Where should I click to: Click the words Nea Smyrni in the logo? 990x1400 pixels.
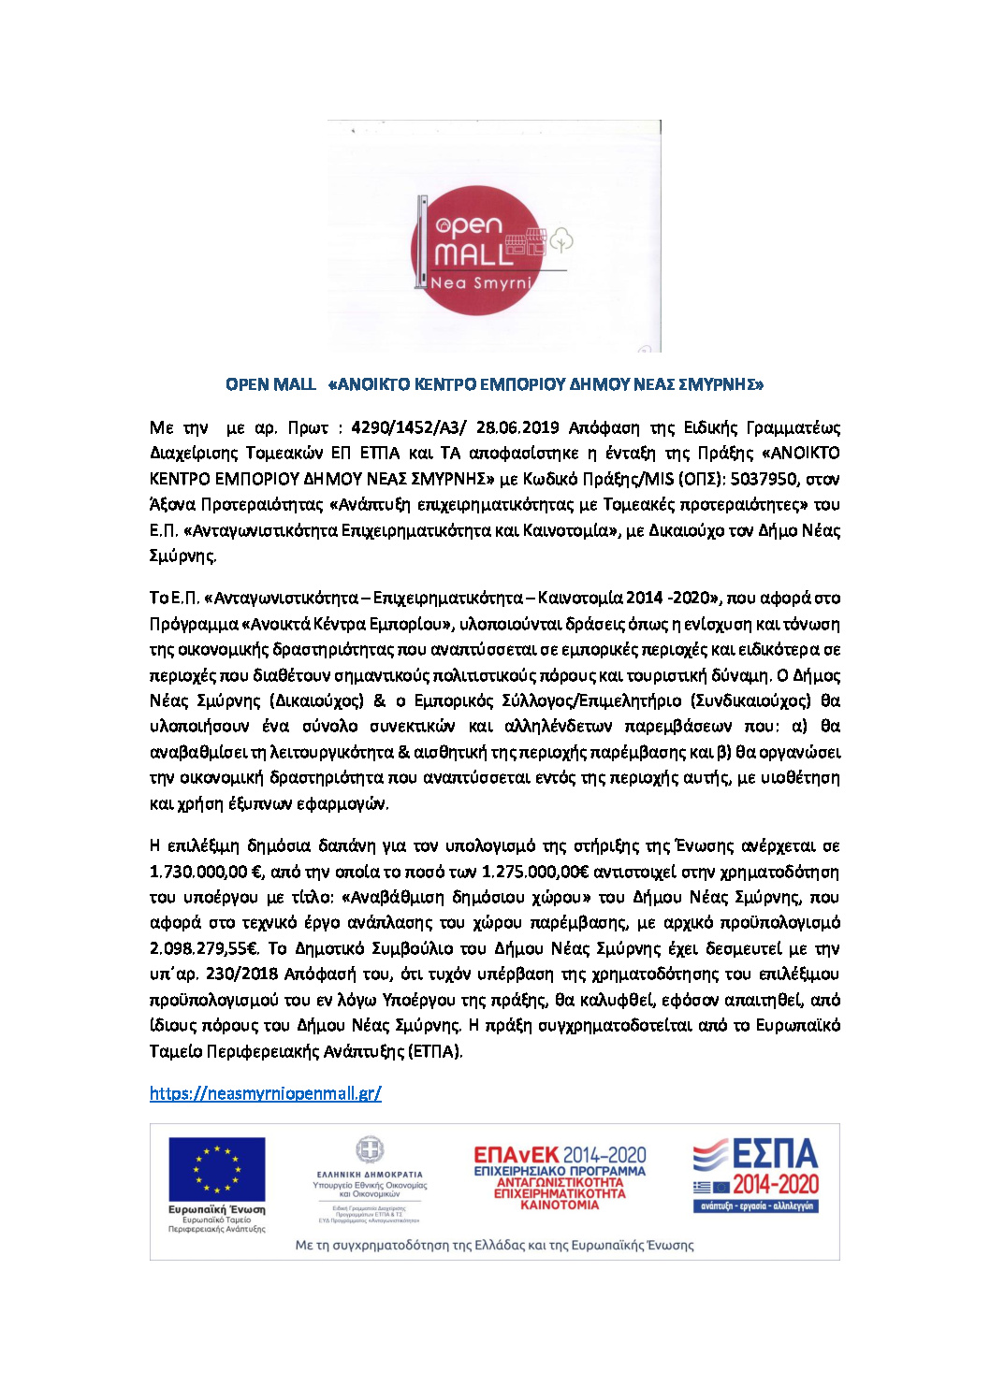[x=480, y=282]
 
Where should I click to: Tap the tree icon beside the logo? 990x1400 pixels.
[x=561, y=239]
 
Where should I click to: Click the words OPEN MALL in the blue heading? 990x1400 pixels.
[x=270, y=384]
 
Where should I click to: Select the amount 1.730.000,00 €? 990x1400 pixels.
[x=207, y=873]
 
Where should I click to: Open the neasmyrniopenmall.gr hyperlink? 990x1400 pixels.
[x=265, y=1093]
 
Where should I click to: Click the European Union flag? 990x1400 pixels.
[x=216, y=1169]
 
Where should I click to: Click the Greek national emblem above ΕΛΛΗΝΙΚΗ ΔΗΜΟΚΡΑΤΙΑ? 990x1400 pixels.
[x=369, y=1150]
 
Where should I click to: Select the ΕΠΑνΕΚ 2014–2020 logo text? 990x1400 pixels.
[x=560, y=1156]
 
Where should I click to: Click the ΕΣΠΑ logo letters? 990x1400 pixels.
[x=775, y=1156]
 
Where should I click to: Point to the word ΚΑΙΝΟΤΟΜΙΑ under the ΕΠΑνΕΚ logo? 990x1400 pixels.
[x=560, y=1205]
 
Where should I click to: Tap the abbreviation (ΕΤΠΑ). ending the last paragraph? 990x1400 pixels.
[x=435, y=1051]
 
